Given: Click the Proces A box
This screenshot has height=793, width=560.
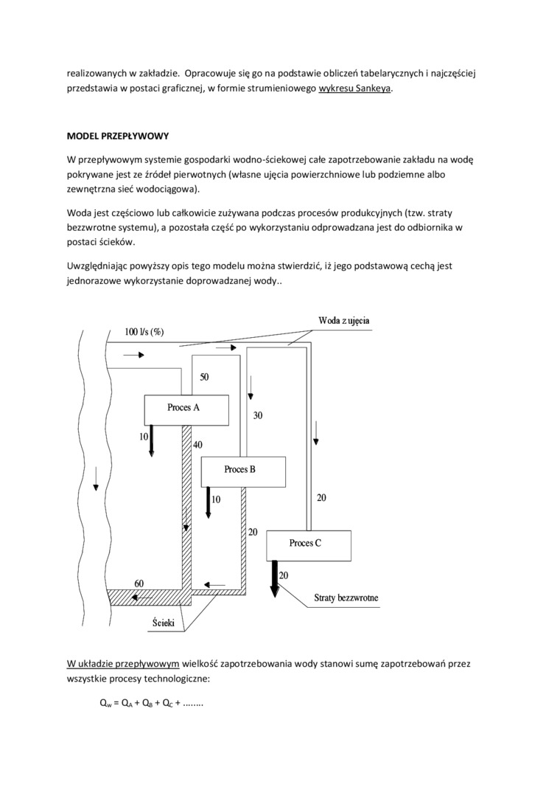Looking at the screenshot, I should [x=186, y=409].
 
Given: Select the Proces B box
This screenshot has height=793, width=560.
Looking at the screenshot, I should [x=243, y=471].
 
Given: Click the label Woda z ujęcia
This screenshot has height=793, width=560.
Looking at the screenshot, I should [x=344, y=321].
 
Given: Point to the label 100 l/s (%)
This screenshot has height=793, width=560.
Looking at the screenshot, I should [x=144, y=331].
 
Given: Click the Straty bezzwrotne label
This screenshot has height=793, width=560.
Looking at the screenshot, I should [x=346, y=598].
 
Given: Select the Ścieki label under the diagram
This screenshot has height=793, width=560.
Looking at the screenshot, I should [x=163, y=623].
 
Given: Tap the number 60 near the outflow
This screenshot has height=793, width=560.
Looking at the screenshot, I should [x=139, y=583].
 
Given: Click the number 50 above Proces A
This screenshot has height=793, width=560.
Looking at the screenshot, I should [x=204, y=377].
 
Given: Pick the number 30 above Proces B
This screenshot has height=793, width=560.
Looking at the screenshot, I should [x=258, y=415].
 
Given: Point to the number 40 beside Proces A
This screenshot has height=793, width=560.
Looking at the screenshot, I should [x=197, y=445].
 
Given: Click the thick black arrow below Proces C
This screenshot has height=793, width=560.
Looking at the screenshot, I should [x=274, y=577].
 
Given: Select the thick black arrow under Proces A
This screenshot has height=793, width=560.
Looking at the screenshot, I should [x=151, y=440].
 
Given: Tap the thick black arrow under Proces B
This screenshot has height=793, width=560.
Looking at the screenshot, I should [x=209, y=502].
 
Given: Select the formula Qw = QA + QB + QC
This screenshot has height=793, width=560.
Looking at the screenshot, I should [x=151, y=703].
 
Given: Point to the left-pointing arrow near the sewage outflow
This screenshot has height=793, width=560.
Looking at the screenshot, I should [x=215, y=585].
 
